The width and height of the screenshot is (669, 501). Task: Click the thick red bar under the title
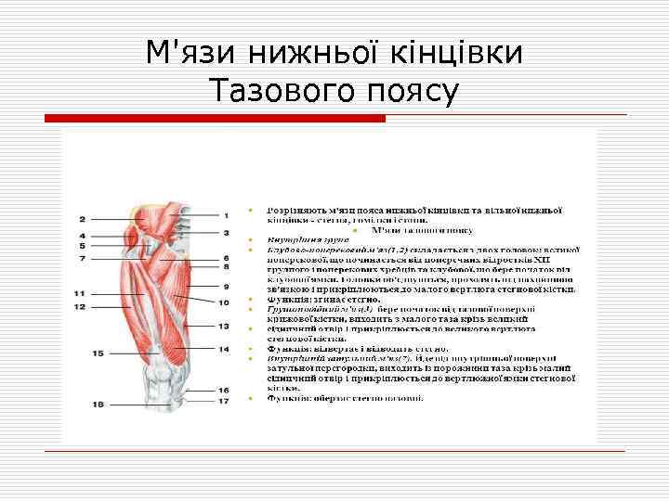coord(216,119)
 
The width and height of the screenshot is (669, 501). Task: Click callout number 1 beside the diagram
coord(226,216)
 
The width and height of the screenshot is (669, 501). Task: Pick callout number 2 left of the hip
coord(82,219)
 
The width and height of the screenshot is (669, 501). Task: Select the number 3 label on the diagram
coord(226,232)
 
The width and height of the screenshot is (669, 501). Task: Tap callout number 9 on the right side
coord(226,287)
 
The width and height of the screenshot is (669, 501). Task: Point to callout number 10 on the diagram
coord(224,302)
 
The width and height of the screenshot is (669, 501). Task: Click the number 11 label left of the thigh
coord(80,294)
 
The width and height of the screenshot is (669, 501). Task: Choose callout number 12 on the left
coord(80,306)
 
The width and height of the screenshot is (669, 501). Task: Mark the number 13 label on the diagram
coord(224,327)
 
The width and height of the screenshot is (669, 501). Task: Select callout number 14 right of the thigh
coord(224,349)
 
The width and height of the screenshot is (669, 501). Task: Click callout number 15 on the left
coord(98,353)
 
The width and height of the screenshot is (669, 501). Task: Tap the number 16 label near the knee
coord(224,391)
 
